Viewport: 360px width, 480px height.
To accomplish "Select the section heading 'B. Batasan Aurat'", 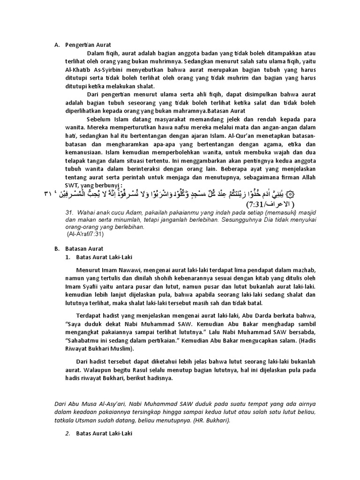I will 87,248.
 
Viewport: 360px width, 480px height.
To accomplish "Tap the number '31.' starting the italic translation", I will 71,212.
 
